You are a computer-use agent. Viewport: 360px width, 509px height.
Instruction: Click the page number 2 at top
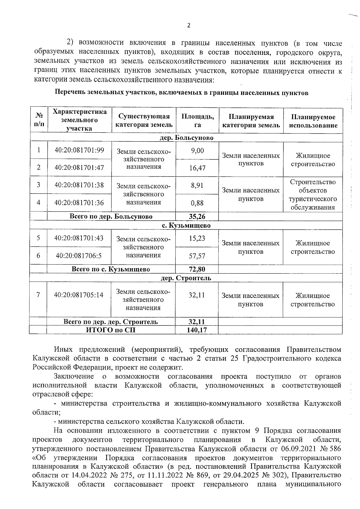click(189, 25)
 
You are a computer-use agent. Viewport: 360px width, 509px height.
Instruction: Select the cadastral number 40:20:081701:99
click(79, 150)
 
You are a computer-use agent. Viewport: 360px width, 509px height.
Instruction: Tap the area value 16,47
click(197, 168)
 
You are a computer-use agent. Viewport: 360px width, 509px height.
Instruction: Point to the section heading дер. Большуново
click(186, 138)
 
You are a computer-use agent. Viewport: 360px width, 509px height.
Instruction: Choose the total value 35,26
click(197, 216)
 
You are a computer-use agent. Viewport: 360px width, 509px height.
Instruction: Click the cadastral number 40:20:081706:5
click(79, 256)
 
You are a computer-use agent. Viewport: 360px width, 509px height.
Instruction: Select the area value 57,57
click(197, 256)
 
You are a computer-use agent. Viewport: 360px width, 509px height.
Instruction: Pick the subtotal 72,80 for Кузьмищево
click(197, 269)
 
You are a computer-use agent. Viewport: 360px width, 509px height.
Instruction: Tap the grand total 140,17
click(197, 330)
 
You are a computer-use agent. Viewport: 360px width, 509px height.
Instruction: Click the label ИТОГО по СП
click(111, 330)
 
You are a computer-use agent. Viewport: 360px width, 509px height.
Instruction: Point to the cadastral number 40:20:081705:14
click(79, 295)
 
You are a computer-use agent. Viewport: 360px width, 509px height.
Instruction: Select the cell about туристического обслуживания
click(313, 195)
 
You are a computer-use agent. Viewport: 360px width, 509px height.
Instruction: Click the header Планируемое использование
click(313, 121)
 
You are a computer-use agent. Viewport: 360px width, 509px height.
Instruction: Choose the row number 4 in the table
click(38, 202)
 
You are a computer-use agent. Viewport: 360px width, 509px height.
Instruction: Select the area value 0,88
click(197, 203)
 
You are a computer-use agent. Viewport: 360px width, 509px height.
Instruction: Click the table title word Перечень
click(69, 93)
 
